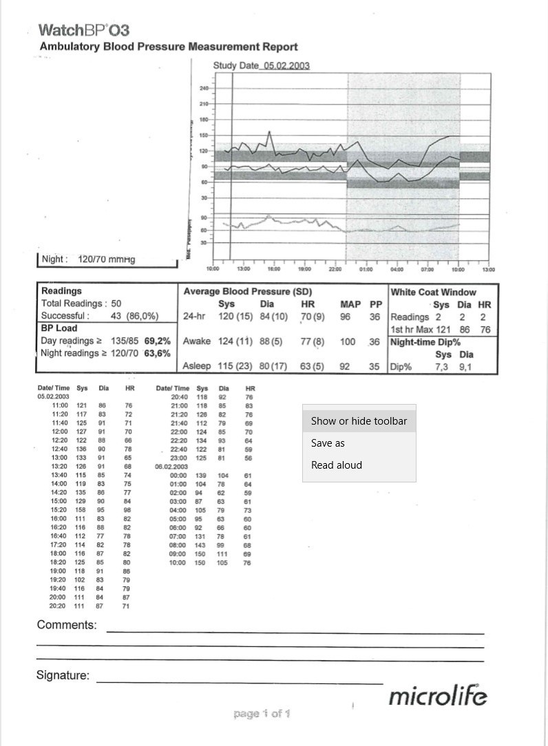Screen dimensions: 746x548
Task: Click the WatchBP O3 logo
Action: pos(83,30)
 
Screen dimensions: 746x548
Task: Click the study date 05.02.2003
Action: pos(286,65)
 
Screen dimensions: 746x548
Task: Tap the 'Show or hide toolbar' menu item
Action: pos(359,421)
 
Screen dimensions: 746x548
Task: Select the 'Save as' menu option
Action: pos(328,443)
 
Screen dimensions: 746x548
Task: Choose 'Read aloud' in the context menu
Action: pos(336,465)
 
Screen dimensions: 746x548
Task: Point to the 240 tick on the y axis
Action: pos(204,89)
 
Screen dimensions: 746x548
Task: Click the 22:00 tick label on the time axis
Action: pos(335,269)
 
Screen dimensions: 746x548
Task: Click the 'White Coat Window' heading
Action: pos(433,292)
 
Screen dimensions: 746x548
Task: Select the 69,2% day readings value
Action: pos(158,341)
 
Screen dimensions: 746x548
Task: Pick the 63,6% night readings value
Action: pos(158,353)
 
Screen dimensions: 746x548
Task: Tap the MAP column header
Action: pos(350,303)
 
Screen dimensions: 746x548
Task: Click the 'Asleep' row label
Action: pos(197,366)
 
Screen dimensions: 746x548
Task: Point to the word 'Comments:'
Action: pos(67,625)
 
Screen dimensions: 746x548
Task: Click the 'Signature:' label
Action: pos(63,675)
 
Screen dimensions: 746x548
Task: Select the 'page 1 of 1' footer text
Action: pos(262,714)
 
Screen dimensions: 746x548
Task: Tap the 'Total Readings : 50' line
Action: pos(81,303)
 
